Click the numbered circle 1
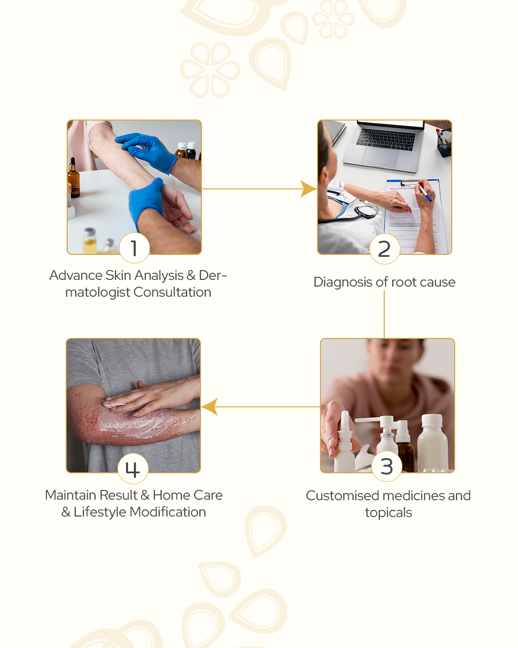(x=134, y=248)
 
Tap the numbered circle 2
(x=385, y=249)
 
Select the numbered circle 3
(x=387, y=466)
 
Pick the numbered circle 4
(x=133, y=468)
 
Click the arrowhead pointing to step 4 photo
(x=209, y=407)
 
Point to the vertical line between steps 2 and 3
(x=384, y=314)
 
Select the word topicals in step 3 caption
(x=388, y=513)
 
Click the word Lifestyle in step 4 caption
(x=100, y=512)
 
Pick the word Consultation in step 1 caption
(x=172, y=292)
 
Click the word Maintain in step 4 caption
(x=71, y=495)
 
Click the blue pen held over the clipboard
(x=425, y=193)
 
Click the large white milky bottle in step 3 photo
(x=432, y=442)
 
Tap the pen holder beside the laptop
(x=444, y=144)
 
